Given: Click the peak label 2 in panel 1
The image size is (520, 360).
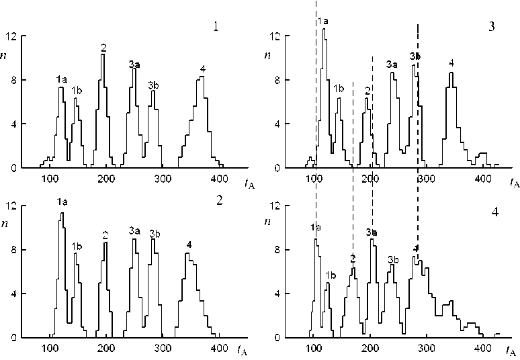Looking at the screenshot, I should click(x=103, y=47).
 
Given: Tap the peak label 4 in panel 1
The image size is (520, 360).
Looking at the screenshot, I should click(x=202, y=69).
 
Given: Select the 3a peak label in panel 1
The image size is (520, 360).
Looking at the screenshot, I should click(x=134, y=64).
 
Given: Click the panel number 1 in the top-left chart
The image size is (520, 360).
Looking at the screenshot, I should click(x=214, y=28).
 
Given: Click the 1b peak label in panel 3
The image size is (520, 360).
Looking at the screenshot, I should click(x=339, y=88).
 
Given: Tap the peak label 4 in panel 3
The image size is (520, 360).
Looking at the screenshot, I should click(x=451, y=63).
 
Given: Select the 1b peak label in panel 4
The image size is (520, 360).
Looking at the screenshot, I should click(x=330, y=275).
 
